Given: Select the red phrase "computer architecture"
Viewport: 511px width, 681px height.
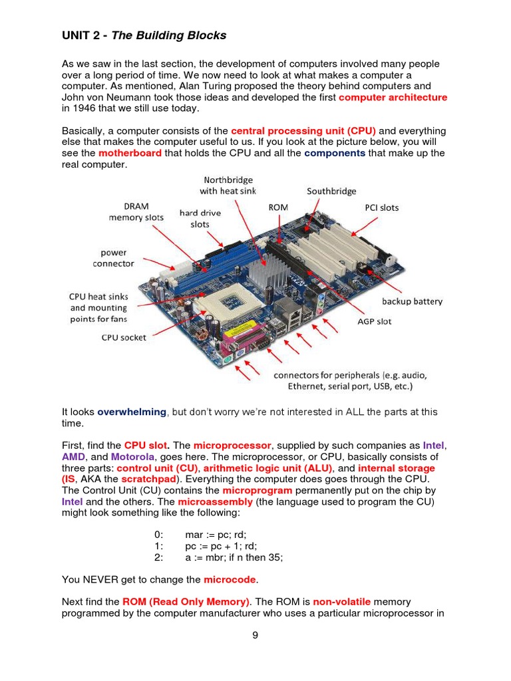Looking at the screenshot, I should (393, 98).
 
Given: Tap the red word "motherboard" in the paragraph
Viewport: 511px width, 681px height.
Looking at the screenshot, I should (130, 153).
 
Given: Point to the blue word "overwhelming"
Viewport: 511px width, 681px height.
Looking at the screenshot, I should (132, 412).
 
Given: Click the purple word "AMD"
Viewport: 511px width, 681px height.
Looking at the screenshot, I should (74, 457).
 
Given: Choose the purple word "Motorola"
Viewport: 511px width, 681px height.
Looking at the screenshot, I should (132, 457).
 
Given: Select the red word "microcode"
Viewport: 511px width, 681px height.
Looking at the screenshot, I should (230, 579).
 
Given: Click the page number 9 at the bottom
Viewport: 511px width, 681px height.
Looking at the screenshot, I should (255, 636).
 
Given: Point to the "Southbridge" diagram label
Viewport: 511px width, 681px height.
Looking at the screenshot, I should (331, 192).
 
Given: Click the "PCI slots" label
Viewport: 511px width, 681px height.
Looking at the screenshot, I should (382, 207).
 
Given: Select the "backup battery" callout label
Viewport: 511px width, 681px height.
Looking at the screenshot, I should (412, 301).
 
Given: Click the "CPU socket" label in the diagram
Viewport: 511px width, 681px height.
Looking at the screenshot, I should (124, 337).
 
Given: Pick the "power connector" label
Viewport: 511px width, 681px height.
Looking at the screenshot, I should (113, 258).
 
